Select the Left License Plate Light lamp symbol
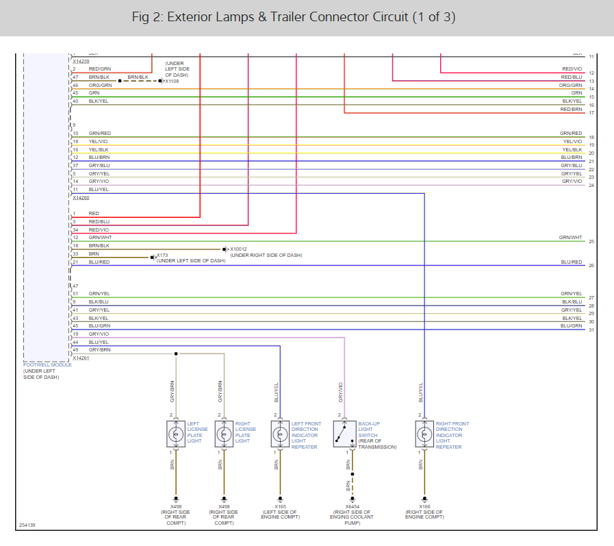click(x=176, y=433)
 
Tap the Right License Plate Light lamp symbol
click(x=224, y=433)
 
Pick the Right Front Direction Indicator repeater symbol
click(x=424, y=433)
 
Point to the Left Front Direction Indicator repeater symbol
click(x=280, y=433)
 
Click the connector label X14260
click(x=81, y=197)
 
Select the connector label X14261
click(x=81, y=358)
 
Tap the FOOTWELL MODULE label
click(x=47, y=364)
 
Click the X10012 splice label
click(x=238, y=249)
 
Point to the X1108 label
click(x=171, y=81)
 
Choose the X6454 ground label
click(x=353, y=506)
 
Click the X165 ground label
click(x=279, y=506)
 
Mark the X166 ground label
click(x=424, y=506)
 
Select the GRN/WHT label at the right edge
click(x=570, y=237)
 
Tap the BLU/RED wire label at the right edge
click(x=571, y=262)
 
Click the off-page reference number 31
click(x=591, y=330)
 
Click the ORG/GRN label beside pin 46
click(x=100, y=85)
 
